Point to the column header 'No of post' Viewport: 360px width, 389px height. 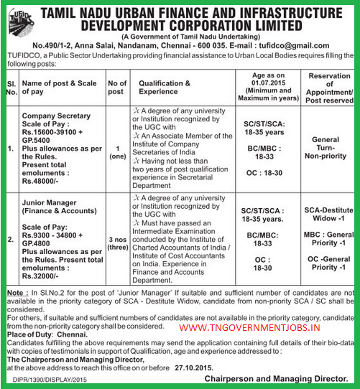click(116, 88)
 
